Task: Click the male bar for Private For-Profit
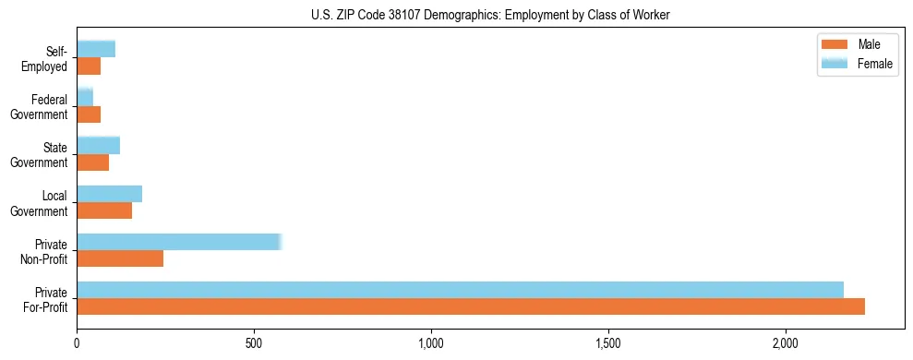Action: tap(471, 306)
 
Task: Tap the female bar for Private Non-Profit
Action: tap(179, 242)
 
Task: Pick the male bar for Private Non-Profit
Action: tap(120, 258)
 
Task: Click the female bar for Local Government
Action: tap(109, 194)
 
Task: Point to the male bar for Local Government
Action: tap(104, 210)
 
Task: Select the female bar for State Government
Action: tap(98, 145)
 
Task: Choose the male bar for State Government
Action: tap(92, 162)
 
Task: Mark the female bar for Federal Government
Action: tap(85, 97)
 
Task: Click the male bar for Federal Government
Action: tap(89, 114)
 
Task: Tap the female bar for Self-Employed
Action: tap(96, 49)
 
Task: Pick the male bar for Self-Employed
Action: tap(89, 66)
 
